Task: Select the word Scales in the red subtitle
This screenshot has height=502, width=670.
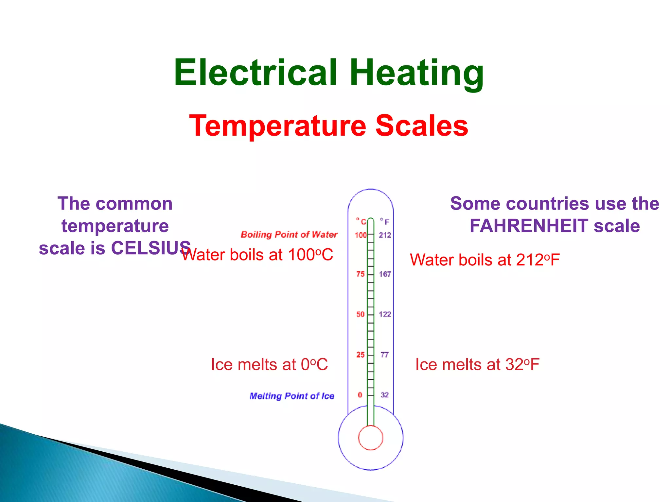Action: [422, 126]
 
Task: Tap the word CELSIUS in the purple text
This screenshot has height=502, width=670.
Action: [151, 248]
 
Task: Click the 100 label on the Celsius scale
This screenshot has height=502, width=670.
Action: [361, 235]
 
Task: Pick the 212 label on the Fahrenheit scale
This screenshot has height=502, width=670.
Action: [385, 235]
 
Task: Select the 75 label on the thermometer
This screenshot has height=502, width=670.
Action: [361, 274]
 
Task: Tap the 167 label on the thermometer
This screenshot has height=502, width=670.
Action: [385, 274]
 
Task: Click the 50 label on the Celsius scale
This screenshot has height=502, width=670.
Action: [361, 314]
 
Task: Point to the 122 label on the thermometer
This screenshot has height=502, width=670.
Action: [385, 314]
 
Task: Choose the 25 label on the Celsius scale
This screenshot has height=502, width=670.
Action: [361, 355]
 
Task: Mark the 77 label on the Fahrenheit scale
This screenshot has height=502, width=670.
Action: [385, 355]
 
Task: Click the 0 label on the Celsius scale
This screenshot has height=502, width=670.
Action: [360, 395]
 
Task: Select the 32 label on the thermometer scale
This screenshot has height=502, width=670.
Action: [385, 395]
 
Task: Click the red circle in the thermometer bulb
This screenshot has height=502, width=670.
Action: [370, 438]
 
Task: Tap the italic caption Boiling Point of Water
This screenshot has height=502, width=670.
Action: [289, 235]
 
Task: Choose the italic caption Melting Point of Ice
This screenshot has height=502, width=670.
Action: [292, 396]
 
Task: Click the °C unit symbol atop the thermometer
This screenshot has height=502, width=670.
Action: [361, 221]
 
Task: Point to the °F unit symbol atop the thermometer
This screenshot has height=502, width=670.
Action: [385, 221]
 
